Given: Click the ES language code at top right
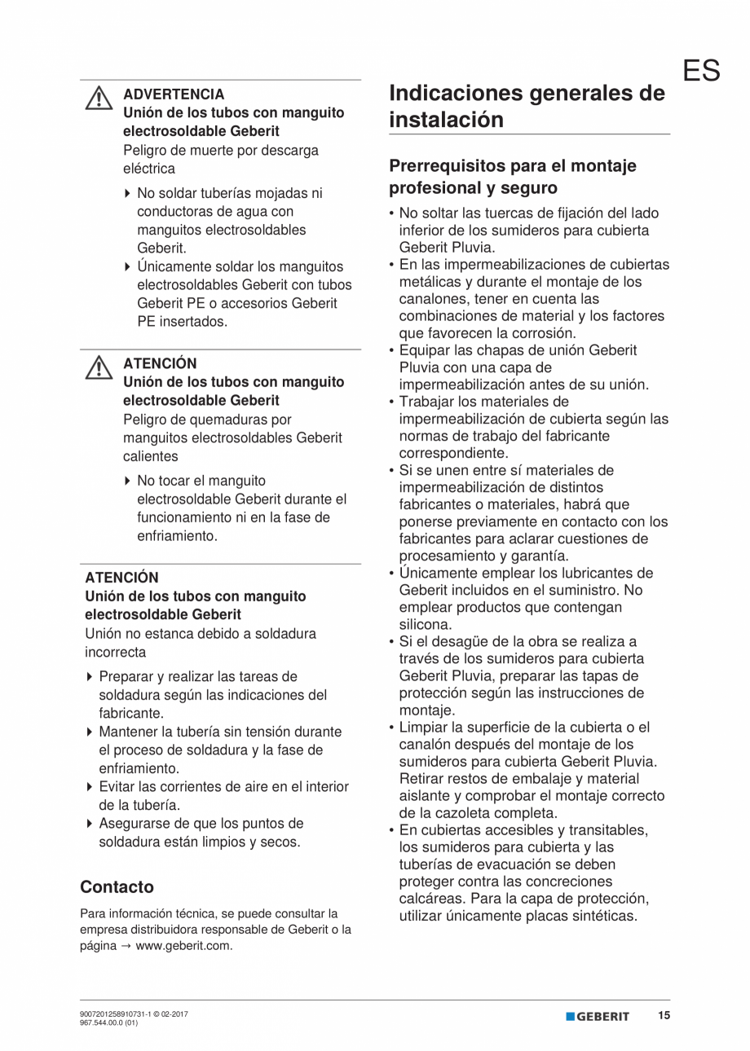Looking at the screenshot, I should coord(701,71).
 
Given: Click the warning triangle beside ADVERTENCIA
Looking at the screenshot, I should coord(99,99).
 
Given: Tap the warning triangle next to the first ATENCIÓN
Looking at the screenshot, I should coord(99,368).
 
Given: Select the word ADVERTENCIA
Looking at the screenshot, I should coord(173,95).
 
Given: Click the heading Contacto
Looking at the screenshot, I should coord(117,886).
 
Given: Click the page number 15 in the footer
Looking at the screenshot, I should coord(664,1016).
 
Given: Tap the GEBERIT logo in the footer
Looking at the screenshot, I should coord(598,1017).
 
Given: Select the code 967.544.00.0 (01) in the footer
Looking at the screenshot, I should coord(108,1023).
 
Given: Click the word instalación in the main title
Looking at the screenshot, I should coord(446,120).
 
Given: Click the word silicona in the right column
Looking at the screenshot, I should coord(425,624).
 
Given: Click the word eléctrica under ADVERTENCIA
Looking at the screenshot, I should coord(149,169).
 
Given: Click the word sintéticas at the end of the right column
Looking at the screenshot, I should coord(600,916).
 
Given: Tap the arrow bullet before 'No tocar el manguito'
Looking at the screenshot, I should coord(127,482).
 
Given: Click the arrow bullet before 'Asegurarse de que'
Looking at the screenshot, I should coord(89,824).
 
